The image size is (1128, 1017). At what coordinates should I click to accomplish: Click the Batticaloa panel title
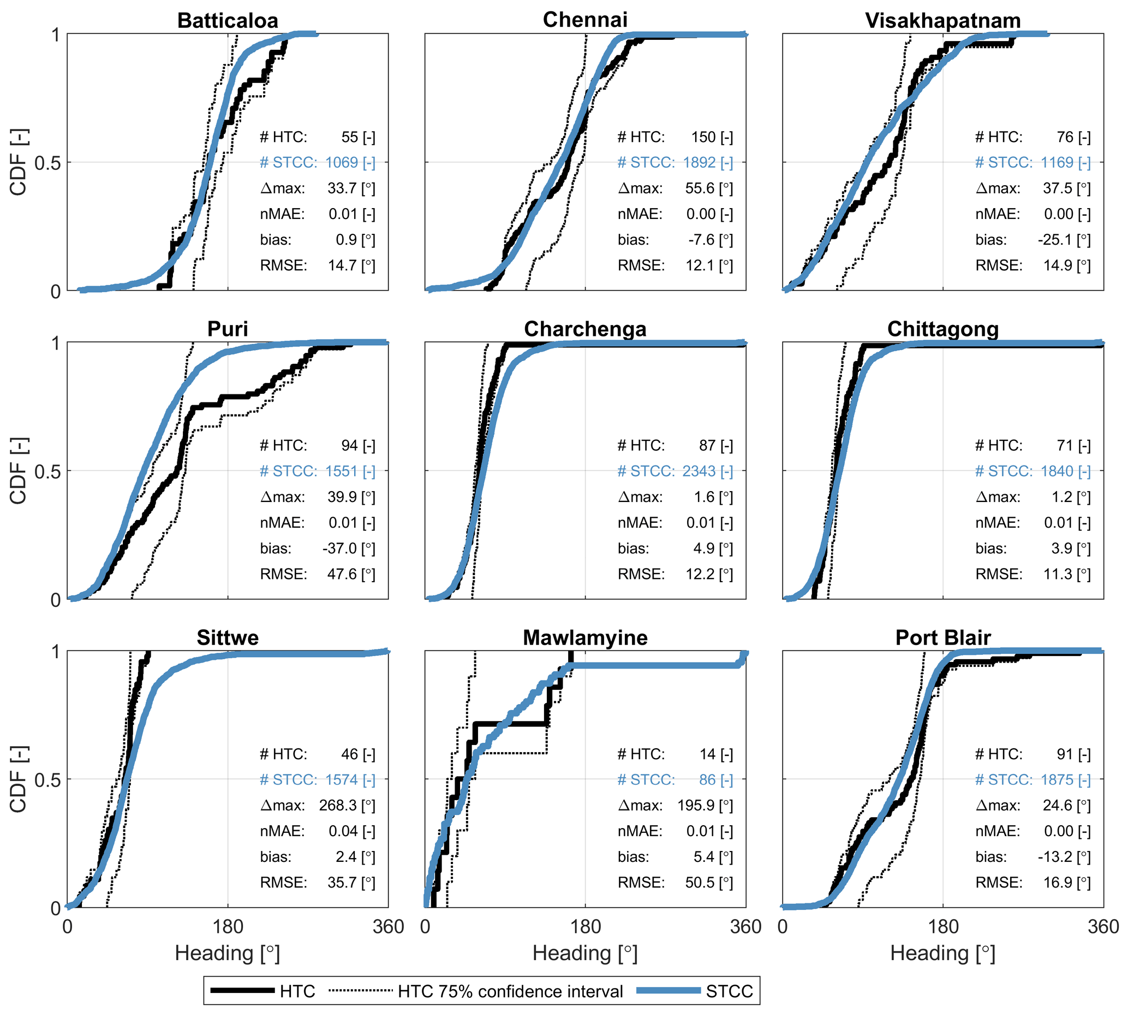(227, 21)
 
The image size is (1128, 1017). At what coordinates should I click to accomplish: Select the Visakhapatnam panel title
(942, 21)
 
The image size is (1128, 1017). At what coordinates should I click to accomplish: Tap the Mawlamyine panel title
(584, 637)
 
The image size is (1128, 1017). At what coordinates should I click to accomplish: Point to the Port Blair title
(942, 637)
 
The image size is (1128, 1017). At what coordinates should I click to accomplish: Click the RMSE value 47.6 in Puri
(342, 574)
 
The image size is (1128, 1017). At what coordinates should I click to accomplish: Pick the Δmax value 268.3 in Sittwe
(338, 805)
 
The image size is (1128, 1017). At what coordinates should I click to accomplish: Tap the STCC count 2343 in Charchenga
(699, 471)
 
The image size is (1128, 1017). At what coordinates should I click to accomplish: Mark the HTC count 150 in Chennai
(703, 137)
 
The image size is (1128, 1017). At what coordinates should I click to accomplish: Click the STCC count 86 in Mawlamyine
(707, 779)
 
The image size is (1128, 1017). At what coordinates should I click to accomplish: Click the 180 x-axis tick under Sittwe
(228, 927)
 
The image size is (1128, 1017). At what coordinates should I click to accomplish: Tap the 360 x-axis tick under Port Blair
(1103, 927)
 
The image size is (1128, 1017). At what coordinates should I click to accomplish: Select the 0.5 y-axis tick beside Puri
(47, 471)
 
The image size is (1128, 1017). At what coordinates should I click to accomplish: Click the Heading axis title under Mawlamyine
(584, 953)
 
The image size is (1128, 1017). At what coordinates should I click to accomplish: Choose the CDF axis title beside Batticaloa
(19, 162)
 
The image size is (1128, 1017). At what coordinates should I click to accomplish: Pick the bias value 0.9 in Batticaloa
(346, 240)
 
